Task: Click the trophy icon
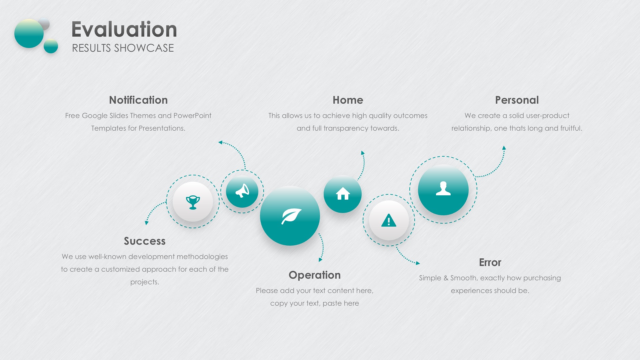(193, 202)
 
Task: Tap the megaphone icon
(242, 191)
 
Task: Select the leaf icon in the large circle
(291, 216)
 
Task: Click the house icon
(343, 194)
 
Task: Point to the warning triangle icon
(389, 220)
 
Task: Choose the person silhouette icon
(443, 188)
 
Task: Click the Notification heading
(138, 100)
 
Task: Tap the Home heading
(348, 100)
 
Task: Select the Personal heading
(517, 100)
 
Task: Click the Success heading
(145, 241)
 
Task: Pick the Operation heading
(315, 275)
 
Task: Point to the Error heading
(490, 262)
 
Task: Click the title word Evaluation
(124, 29)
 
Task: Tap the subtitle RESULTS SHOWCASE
(123, 48)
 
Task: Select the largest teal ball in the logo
(29, 33)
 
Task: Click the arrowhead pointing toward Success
(146, 223)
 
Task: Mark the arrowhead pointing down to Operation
(320, 259)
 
